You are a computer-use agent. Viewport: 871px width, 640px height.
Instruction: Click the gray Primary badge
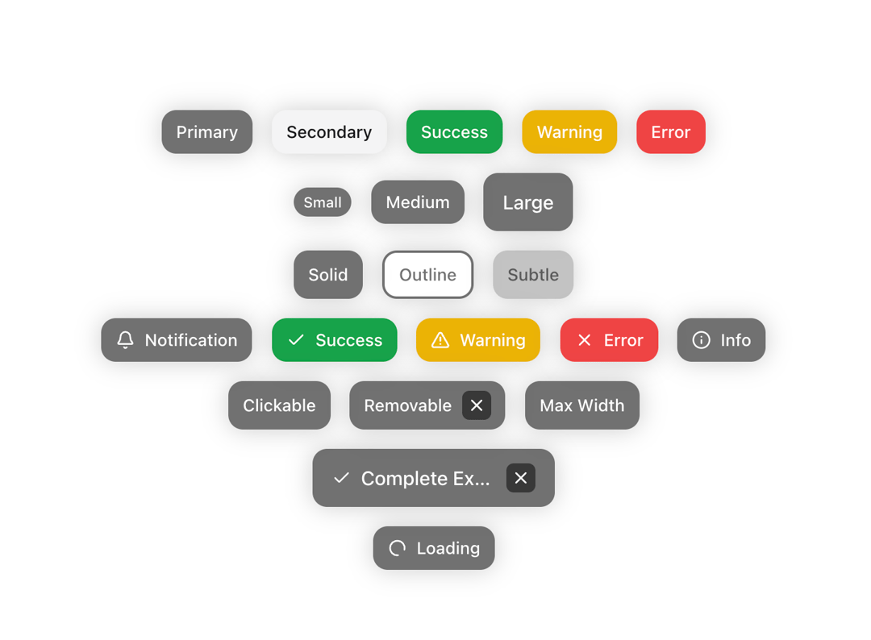[207, 132]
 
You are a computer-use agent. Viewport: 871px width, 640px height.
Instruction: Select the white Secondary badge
[329, 132]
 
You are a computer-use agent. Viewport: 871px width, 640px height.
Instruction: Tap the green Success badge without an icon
[454, 132]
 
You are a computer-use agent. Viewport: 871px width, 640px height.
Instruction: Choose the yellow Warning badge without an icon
[569, 132]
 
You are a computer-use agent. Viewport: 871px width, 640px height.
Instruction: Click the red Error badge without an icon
[671, 132]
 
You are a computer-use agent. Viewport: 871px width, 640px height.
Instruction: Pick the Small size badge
[323, 202]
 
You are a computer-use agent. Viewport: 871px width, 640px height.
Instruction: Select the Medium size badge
[418, 202]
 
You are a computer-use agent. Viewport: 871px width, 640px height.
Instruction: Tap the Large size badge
[528, 202]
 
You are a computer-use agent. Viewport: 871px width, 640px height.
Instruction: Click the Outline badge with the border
[427, 275]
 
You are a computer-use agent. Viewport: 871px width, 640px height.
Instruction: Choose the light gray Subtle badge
[533, 275]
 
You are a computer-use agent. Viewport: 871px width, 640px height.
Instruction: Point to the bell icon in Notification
[126, 339]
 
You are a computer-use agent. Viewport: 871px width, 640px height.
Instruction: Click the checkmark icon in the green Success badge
[296, 339]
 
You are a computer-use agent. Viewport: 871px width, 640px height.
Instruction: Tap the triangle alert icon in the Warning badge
[440, 339]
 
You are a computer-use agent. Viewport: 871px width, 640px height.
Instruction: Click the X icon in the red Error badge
[585, 339]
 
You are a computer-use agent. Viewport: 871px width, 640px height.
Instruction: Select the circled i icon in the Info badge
[701, 339]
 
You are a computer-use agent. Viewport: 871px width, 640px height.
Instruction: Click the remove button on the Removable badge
[477, 405]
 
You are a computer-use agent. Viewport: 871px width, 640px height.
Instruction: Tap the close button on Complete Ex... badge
[520, 478]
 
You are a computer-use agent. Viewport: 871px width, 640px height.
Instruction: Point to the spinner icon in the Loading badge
[397, 548]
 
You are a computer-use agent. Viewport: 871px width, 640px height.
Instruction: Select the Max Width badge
[582, 405]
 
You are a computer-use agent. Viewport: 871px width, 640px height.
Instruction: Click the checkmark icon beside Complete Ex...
[342, 478]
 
